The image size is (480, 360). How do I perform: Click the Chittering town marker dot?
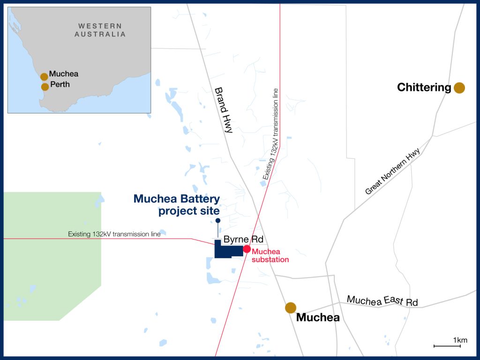coord(459,88)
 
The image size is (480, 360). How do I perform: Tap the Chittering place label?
coord(424,88)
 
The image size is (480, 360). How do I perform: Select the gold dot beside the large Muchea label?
coord(291,307)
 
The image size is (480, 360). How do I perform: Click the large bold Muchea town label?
coord(318,318)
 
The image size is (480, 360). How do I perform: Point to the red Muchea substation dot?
coord(247,249)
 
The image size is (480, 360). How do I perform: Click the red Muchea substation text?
coord(270,255)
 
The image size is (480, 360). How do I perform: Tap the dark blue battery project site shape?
coord(228,252)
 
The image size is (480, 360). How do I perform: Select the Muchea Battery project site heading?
coord(177,205)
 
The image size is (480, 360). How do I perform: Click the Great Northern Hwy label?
coord(392,172)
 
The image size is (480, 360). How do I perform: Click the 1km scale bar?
coord(447,346)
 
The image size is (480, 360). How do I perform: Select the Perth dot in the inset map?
coord(45,87)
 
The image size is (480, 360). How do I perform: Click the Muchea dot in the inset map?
coord(44,76)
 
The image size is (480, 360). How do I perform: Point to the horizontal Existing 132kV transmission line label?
coord(114,234)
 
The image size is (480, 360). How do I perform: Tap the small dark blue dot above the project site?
coord(218,220)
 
